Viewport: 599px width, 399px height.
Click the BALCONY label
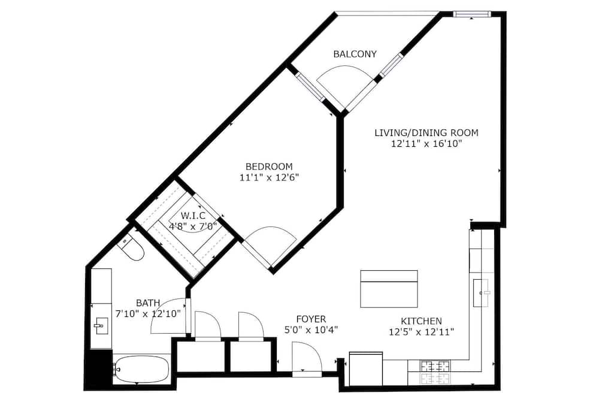[x=355, y=54]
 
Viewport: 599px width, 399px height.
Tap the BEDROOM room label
[x=269, y=167]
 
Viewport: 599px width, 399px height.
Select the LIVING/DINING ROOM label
[x=426, y=132]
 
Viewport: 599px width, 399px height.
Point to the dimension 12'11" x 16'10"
[x=426, y=144]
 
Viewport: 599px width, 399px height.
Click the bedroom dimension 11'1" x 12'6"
[x=269, y=177]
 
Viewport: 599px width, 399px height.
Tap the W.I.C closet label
[x=193, y=216]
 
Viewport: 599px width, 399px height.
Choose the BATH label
[x=148, y=303]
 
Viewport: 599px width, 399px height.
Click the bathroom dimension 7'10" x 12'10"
[x=148, y=314]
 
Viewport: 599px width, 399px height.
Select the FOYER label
[x=311, y=319]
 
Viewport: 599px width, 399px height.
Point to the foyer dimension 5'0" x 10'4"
[x=311, y=330]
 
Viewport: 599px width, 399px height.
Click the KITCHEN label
[x=421, y=321]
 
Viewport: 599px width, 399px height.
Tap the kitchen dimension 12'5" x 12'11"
[x=421, y=332]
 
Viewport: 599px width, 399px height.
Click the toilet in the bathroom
[x=132, y=248]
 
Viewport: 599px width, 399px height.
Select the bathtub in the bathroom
[x=141, y=369]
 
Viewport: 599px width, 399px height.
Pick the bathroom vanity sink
[x=101, y=326]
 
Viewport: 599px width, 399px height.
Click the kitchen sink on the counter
[x=480, y=293]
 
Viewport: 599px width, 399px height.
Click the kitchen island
[x=389, y=289]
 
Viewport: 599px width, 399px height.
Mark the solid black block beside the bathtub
[x=98, y=370]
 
